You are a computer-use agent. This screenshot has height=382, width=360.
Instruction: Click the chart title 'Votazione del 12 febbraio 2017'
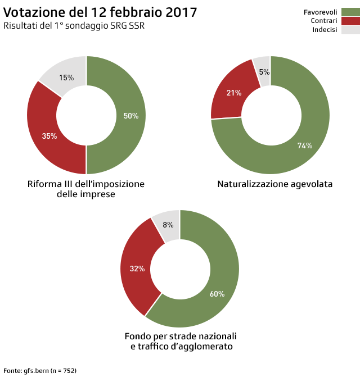(100, 12)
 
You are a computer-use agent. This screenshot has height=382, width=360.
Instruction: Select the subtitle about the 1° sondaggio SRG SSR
(74, 26)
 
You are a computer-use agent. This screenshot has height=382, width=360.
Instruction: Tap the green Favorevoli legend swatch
(350, 12)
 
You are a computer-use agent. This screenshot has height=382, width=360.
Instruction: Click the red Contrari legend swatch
(350, 21)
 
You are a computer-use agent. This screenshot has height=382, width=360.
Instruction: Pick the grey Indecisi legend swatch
(350, 30)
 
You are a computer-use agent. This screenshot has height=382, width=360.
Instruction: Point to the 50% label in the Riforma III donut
(131, 116)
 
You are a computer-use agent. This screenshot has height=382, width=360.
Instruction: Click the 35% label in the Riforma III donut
(49, 136)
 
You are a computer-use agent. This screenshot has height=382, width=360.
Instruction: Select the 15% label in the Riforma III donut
(66, 78)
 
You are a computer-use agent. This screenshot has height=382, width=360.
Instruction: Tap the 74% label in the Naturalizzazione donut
(305, 145)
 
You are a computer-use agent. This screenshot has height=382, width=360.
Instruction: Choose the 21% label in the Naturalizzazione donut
(233, 93)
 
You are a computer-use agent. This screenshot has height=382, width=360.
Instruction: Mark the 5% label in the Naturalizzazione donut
(264, 72)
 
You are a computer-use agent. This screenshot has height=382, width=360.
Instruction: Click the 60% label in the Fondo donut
(217, 294)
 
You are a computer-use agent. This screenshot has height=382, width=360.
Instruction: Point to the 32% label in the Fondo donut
(137, 269)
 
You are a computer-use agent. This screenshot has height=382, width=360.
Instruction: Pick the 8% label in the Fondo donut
(168, 225)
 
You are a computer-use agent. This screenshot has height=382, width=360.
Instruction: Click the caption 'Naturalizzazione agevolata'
(275, 184)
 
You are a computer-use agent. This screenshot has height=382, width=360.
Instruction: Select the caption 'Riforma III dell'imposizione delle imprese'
(86, 189)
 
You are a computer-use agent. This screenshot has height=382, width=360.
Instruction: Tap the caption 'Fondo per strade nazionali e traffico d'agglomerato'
(181, 342)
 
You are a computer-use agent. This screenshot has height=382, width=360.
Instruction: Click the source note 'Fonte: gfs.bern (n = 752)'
(40, 371)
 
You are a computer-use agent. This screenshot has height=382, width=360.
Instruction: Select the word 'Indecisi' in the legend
(325, 30)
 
